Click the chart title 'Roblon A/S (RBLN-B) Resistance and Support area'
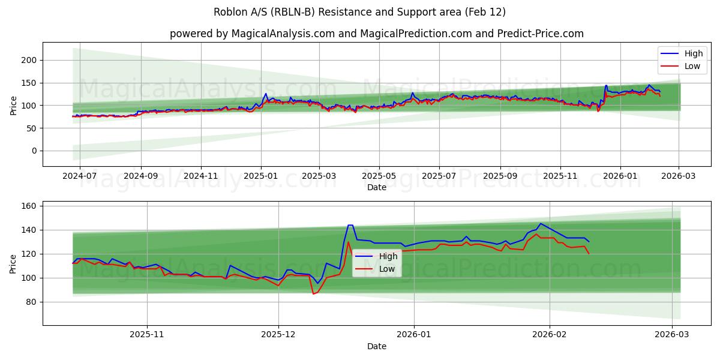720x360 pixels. (359, 12)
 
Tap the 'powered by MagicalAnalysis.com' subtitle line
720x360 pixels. (376, 34)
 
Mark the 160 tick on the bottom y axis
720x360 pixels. (31, 206)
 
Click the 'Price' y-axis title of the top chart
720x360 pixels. (13, 104)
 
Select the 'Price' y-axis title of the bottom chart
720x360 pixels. (13, 263)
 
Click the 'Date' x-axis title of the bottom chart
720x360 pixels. (377, 346)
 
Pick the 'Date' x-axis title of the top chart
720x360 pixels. (377, 187)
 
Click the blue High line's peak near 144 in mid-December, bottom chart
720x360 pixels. (350, 226)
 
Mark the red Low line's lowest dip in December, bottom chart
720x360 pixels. (313, 294)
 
